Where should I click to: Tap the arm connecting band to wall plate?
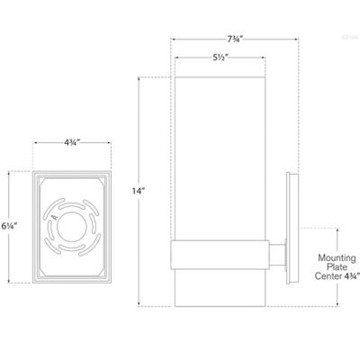pyautogui.click(x=278, y=252)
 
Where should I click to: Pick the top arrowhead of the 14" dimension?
pyautogui.click(x=138, y=79)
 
